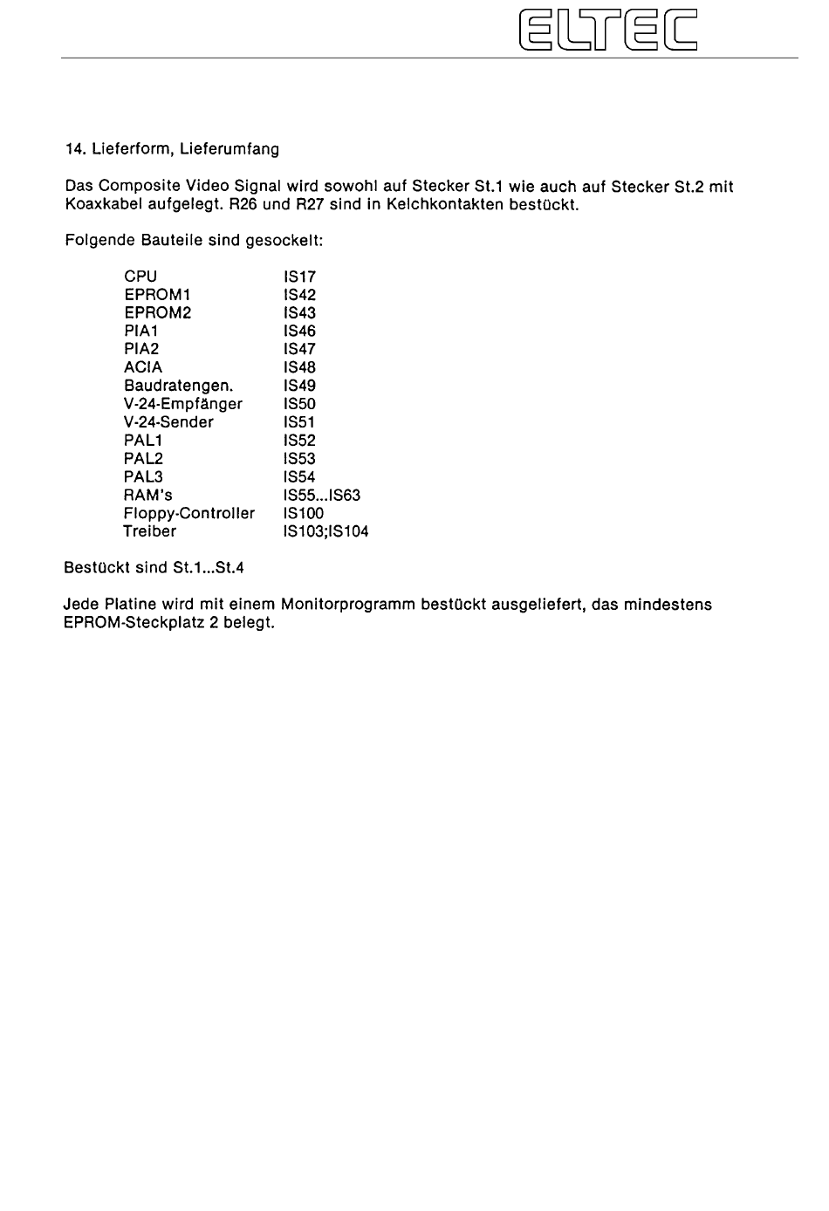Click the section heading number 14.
pyautogui.click(x=74, y=149)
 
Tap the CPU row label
pyautogui.click(x=140, y=277)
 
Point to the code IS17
pyautogui.click(x=299, y=277)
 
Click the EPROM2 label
pyautogui.click(x=157, y=313)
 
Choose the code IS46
pyautogui.click(x=299, y=332)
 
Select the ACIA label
pyautogui.click(x=143, y=368)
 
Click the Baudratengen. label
pyautogui.click(x=178, y=386)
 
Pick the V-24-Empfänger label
pyautogui.click(x=183, y=404)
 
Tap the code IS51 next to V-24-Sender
pyautogui.click(x=299, y=422)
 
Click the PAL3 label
pyautogui.click(x=143, y=477)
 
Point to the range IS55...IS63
pyautogui.click(x=321, y=496)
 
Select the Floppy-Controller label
pyautogui.click(x=189, y=513)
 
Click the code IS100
pyautogui.click(x=303, y=513)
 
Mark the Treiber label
pyautogui.click(x=149, y=531)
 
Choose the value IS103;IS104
pyautogui.click(x=325, y=531)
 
